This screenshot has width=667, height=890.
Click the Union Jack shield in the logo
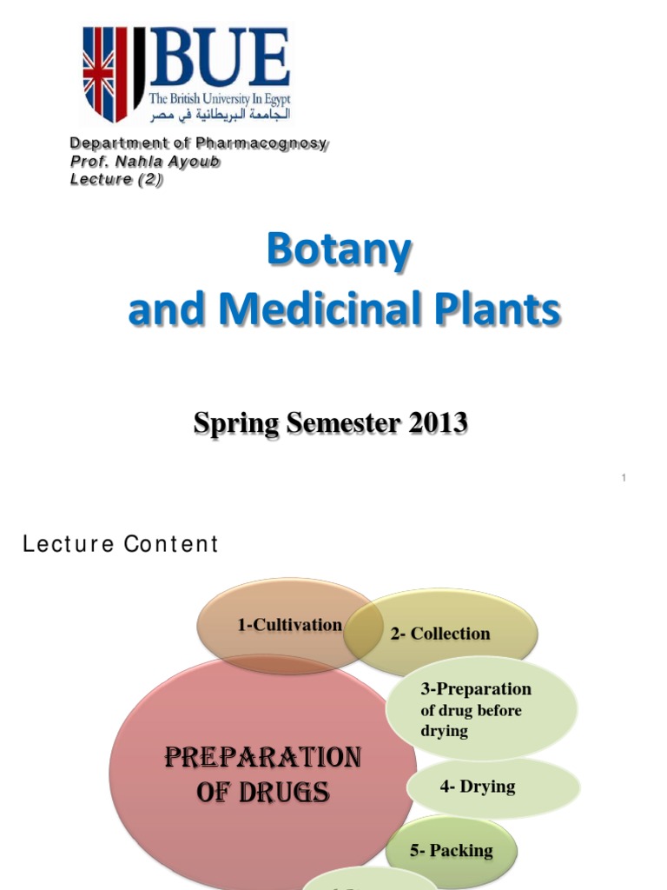105,73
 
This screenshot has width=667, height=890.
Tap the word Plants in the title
508,310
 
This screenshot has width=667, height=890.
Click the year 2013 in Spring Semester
434,423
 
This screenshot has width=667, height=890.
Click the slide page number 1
624,478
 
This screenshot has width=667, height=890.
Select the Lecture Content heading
121,544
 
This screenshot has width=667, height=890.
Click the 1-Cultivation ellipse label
289,625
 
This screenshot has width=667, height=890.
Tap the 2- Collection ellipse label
440,634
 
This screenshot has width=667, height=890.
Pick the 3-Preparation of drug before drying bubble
477,709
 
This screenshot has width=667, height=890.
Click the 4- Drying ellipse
477,787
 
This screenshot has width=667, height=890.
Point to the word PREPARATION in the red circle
262,758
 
